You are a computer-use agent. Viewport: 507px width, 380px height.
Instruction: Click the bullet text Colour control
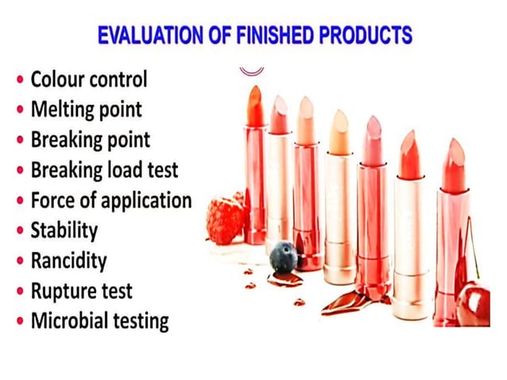coord(89,79)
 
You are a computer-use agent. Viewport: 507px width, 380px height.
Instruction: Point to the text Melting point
coord(87,110)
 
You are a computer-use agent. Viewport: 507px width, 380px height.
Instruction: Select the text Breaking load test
coord(104,170)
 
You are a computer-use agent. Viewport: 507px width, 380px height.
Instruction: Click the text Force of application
coord(110,200)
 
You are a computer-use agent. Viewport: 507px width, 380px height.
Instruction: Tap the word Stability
coord(64,231)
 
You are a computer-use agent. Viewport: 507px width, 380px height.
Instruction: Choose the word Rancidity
coord(68,261)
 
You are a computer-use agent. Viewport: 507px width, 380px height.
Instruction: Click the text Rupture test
coord(81,291)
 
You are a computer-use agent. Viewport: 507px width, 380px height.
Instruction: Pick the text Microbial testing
coord(99,321)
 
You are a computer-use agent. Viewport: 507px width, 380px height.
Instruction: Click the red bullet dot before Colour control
coord(19,80)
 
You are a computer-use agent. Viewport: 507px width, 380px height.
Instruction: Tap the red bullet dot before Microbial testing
coord(19,322)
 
